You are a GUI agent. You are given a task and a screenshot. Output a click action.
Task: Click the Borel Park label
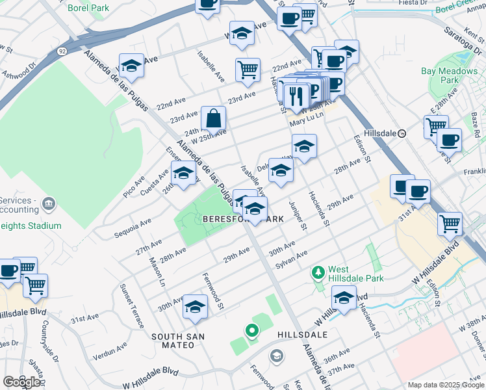(x=89, y=8)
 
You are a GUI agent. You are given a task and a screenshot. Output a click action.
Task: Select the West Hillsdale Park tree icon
(x=318, y=272)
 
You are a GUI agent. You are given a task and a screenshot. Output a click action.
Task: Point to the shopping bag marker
(x=213, y=120)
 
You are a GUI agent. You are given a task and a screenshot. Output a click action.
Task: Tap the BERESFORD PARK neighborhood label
(x=242, y=219)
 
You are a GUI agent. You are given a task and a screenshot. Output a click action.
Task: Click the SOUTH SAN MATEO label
(x=178, y=341)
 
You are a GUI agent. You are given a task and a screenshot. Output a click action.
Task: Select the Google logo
(x=21, y=382)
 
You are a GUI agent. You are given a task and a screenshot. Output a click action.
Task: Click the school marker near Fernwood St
(x=195, y=307)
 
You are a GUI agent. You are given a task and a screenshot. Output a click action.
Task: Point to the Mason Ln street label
(x=157, y=272)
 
